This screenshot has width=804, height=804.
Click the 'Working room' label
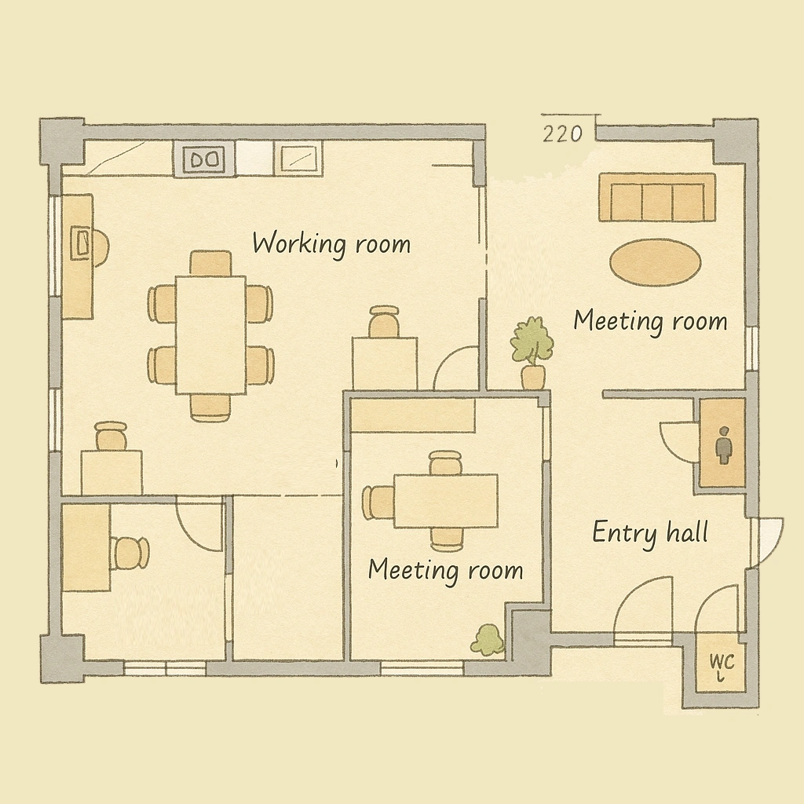click(x=331, y=244)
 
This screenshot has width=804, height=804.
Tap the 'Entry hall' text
click(x=650, y=533)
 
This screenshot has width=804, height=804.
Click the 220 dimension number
click(x=562, y=134)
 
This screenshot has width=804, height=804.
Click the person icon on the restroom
click(x=723, y=445)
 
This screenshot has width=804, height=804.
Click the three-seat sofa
click(x=657, y=197)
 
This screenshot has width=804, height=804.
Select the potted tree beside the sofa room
click(x=532, y=353)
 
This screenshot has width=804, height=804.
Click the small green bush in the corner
click(x=488, y=640)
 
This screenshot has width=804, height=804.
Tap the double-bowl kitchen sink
click(x=205, y=159)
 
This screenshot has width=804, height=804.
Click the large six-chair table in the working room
click(x=210, y=334)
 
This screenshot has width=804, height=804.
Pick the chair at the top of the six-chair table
click(x=210, y=262)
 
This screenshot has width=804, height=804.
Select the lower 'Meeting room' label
click(x=445, y=571)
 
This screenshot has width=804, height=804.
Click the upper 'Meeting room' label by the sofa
click(x=650, y=322)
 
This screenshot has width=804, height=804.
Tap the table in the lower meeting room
click(x=446, y=501)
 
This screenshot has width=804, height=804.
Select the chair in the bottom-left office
click(x=130, y=554)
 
